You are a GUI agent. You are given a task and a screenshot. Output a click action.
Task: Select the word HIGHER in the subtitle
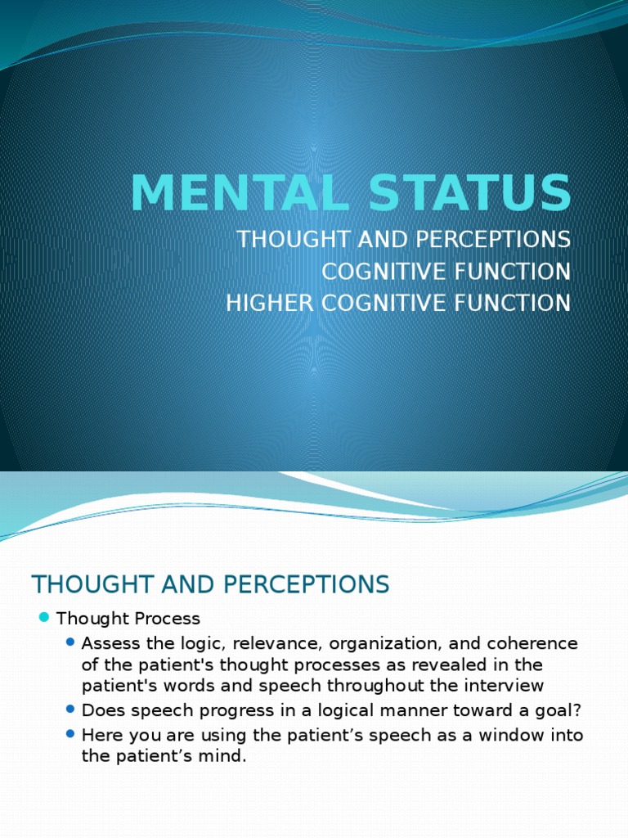coord(262,303)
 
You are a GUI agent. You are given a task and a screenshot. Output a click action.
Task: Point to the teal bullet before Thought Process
coord(44,618)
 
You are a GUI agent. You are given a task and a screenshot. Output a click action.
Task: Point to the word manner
coord(350,710)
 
